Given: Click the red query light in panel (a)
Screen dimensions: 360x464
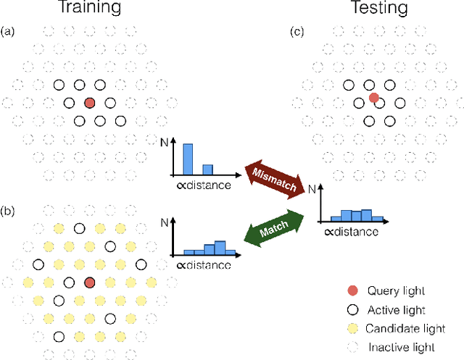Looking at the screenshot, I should coord(88,104).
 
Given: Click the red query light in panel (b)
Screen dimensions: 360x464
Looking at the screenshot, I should coord(89,282).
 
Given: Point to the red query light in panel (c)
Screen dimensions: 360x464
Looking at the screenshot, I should coord(373,97).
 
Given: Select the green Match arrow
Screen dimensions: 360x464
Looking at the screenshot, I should coord(277,230).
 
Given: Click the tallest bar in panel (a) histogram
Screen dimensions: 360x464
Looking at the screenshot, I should coord(188,159).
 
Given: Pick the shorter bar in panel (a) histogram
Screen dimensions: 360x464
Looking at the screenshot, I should coord(207,169).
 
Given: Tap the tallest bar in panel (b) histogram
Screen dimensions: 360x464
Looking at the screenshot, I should coord(219,247).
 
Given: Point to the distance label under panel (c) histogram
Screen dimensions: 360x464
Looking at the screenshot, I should coord(351,233).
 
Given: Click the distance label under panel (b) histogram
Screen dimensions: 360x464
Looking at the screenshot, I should coord(204,265).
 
